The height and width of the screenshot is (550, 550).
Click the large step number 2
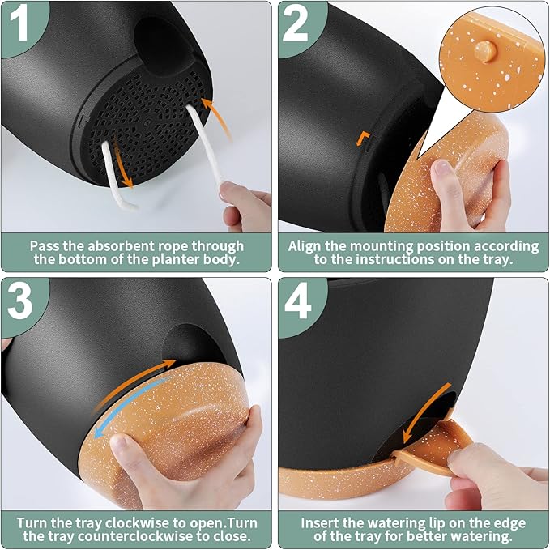[296, 23]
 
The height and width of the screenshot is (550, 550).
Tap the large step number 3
[20, 301]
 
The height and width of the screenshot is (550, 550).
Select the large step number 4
[298, 301]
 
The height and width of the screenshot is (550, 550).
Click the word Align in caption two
[305, 246]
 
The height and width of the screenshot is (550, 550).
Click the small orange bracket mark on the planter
[362, 139]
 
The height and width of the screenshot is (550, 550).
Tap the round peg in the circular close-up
[485, 52]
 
